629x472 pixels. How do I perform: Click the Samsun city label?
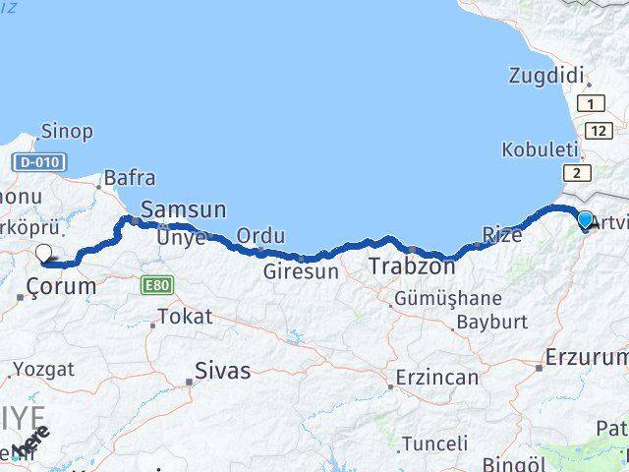[184, 209]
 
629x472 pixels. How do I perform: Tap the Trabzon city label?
[412, 266]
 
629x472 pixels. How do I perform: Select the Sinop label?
[67, 132]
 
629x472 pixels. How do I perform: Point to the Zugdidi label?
[547, 75]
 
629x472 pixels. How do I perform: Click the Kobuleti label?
[540, 150]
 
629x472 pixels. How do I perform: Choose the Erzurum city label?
[587, 357]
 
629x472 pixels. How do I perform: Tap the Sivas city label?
[222, 372]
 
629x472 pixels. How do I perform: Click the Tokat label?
[184, 317]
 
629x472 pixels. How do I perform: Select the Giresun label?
[301, 270]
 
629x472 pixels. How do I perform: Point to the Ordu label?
[261, 236]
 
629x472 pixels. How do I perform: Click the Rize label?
[502, 234]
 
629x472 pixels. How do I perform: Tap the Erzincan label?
[437, 378]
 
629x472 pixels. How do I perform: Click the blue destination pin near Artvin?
[586, 221]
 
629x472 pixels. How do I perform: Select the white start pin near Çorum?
[43, 254]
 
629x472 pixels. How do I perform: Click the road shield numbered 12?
[598, 130]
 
